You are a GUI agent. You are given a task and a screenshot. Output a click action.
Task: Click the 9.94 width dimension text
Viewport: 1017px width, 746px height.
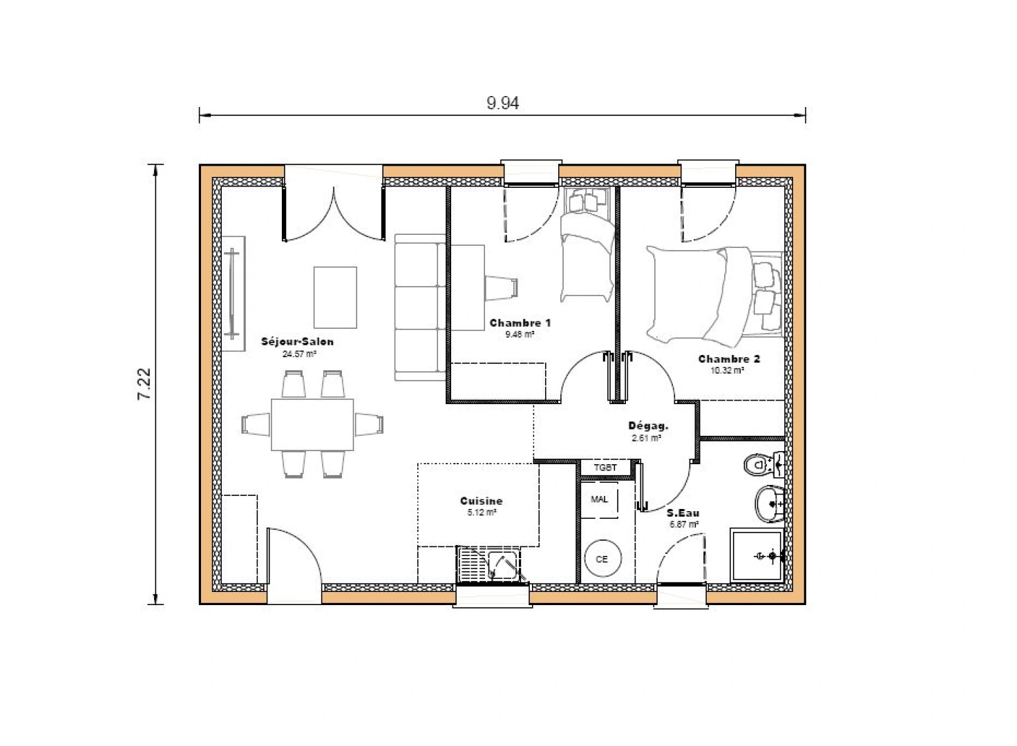pos(502,104)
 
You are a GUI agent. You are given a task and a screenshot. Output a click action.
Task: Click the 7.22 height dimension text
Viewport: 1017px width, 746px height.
pos(144,384)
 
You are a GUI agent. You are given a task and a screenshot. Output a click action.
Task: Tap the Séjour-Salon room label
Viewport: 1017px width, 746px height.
pos(298,342)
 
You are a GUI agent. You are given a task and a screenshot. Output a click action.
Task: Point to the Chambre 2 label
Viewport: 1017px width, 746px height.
pos(729,359)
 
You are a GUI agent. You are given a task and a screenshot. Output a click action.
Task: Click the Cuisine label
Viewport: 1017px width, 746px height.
pos(481,501)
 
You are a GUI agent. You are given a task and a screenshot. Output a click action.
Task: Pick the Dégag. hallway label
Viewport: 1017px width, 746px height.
pos(647,426)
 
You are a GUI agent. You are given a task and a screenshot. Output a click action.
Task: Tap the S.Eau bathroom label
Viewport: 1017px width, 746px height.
pos(683,513)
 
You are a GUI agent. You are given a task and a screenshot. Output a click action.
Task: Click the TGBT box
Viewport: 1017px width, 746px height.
pos(606,468)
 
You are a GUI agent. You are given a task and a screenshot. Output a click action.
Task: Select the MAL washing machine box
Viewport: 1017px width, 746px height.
pos(600,499)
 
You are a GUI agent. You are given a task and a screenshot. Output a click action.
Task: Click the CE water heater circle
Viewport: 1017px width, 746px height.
pos(601,559)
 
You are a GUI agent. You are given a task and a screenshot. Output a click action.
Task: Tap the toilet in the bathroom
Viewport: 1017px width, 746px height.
pos(762,464)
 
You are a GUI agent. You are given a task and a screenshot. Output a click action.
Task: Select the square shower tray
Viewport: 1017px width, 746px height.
pos(757,556)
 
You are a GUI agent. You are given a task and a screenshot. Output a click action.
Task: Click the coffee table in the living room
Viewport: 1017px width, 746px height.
pos(336,297)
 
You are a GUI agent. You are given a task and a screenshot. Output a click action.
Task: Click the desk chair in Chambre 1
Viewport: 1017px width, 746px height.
pos(502,287)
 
